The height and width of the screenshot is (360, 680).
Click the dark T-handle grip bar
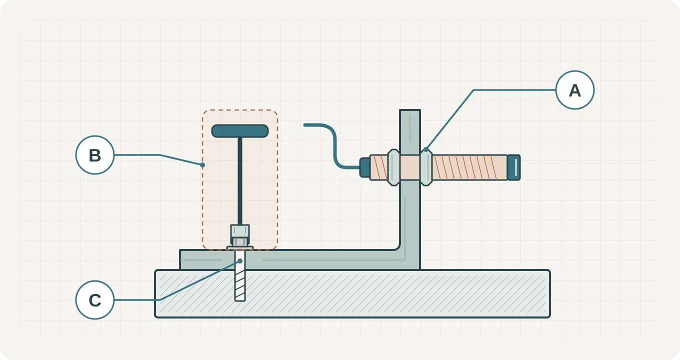pyautogui.click(x=240, y=131)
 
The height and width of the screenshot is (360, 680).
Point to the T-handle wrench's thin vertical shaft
pyautogui.click(x=240, y=181)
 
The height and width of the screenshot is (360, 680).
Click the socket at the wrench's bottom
pyautogui.click(x=240, y=235)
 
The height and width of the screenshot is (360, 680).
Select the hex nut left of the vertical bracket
pyautogui.click(x=393, y=167)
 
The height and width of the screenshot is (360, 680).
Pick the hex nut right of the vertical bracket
pyautogui.click(x=426, y=167)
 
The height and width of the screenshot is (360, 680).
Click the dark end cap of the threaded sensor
pyautogui.click(x=514, y=167)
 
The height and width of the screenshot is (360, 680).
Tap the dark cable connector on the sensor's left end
pyautogui.click(x=364, y=167)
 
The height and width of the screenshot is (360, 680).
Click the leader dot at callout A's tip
pyautogui.click(x=426, y=149)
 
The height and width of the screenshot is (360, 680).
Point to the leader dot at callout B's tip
pyautogui.click(x=202, y=165)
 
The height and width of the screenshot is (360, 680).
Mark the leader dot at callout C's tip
pyautogui.click(x=240, y=261)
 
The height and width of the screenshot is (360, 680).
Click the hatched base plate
pyautogui.click(x=352, y=293)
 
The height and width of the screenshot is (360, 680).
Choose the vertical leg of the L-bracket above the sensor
pyautogui.click(x=410, y=132)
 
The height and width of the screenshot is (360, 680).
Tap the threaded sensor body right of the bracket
pyautogui.click(x=469, y=167)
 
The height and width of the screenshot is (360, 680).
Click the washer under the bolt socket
pyautogui.click(x=240, y=248)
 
